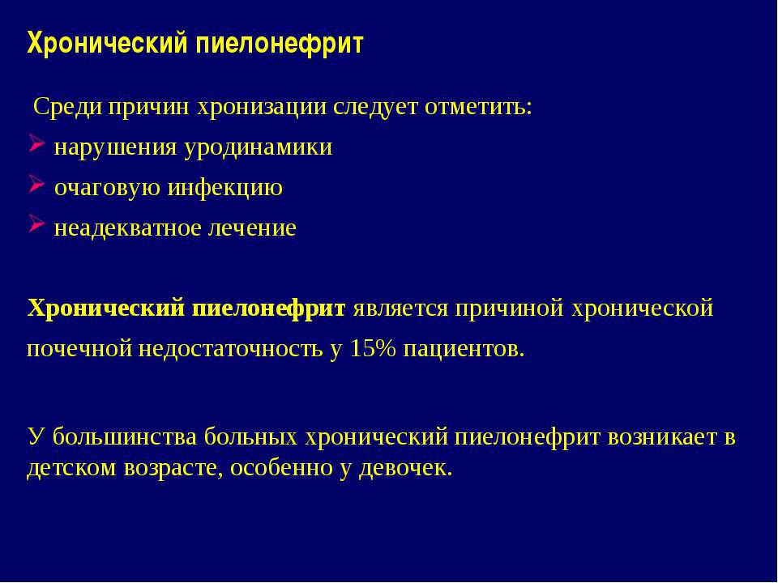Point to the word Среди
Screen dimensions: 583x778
[59, 108]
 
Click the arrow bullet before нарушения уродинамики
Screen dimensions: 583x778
[36, 146]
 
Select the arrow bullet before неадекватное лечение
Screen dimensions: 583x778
[36, 226]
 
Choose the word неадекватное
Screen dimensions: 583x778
[130, 228]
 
